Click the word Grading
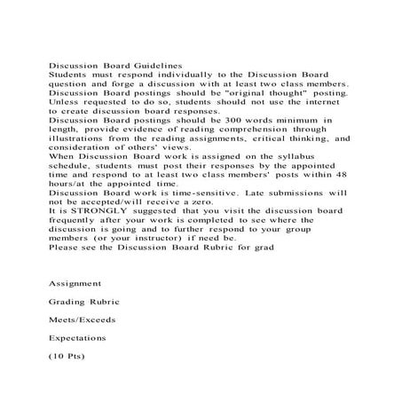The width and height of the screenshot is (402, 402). (x=68, y=301)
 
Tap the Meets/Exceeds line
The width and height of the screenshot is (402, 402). (x=83, y=319)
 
